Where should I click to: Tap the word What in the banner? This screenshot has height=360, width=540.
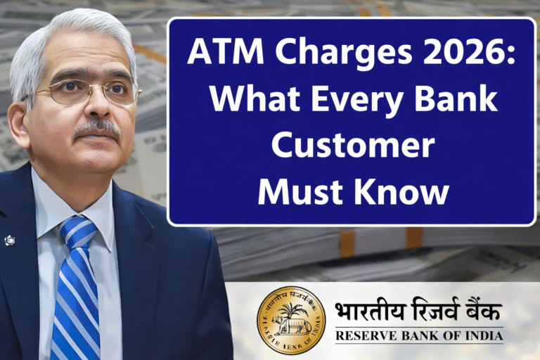[243, 102]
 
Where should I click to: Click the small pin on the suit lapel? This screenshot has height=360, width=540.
[9, 240]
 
